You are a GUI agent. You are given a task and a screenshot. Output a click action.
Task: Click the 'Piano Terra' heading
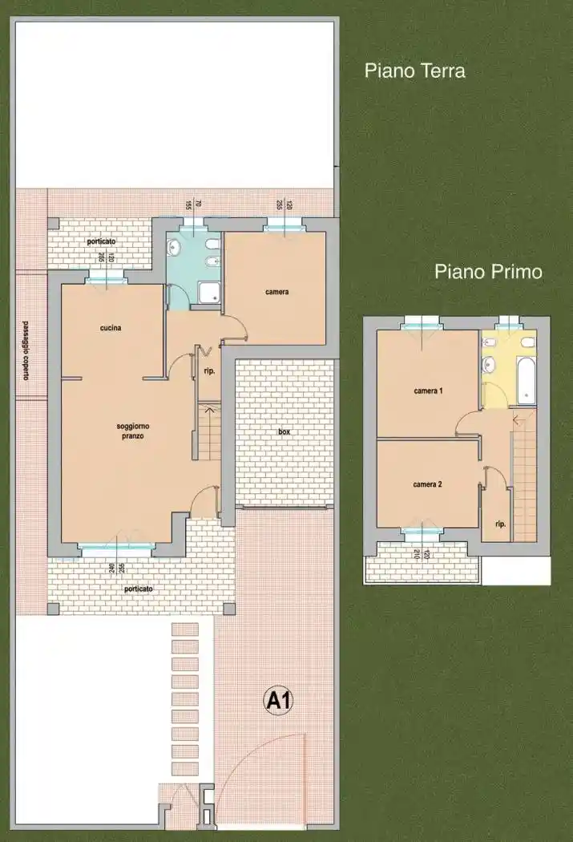414,71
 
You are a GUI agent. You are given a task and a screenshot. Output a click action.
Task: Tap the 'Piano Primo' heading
488,271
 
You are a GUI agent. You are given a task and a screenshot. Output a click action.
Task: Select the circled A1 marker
279,702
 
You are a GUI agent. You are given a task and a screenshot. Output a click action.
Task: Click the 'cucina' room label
111,327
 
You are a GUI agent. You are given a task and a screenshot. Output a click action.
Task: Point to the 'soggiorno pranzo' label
127,431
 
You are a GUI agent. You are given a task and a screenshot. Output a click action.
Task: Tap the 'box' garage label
284,431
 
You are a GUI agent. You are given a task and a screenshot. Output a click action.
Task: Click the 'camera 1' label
428,391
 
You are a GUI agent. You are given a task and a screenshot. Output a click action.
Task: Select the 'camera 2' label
427,484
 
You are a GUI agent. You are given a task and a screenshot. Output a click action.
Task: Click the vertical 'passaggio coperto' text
26,350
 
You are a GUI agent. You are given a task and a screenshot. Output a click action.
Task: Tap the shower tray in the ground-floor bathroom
208,295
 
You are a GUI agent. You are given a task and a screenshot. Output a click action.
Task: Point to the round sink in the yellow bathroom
488,367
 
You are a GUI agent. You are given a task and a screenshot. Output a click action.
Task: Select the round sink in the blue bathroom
175,248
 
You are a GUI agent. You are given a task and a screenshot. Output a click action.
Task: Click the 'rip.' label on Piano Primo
500,524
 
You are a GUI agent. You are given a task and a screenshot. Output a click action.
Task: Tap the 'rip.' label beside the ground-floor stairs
208,371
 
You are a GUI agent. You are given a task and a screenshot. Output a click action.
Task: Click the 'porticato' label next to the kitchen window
102,241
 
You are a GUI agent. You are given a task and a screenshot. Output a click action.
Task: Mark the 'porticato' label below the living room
138,589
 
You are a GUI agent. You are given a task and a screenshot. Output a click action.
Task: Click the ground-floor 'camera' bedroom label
276,292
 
